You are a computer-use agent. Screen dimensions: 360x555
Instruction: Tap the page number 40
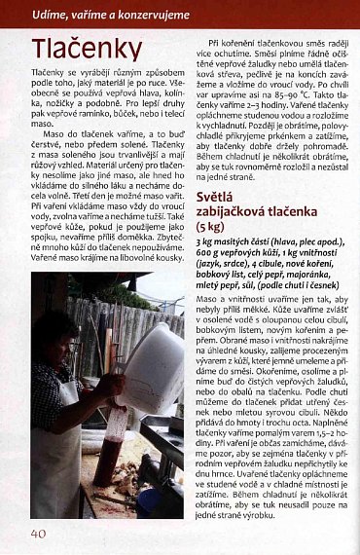38,533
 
